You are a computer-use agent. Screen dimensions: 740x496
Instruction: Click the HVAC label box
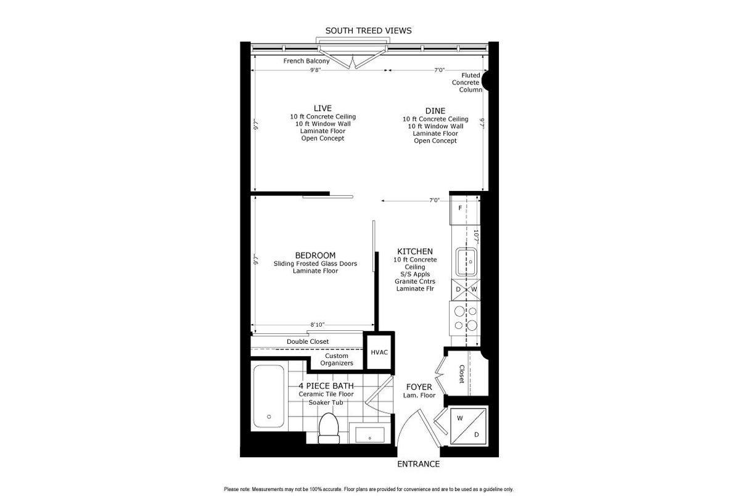point(379,352)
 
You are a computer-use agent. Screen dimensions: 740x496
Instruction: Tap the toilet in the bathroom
point(329,428)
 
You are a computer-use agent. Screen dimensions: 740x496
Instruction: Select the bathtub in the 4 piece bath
point(269,396)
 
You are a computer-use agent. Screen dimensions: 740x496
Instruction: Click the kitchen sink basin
point(466,262)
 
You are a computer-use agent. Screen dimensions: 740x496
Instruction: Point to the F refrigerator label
point(460,208)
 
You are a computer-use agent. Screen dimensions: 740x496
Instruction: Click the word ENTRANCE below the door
point(418,464)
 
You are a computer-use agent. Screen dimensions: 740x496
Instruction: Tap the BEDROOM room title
point(315,256)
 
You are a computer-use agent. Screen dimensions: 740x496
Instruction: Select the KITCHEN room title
point(414,251)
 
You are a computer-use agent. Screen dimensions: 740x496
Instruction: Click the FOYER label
point(419,387)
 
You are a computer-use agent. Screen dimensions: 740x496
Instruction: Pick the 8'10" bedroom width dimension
point(317,325)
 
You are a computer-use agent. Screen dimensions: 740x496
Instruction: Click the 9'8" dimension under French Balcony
point(315,70)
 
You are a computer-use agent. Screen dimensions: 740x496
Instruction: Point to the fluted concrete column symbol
point(485,80)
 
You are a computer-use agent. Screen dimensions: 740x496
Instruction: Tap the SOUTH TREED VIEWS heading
point(368,31)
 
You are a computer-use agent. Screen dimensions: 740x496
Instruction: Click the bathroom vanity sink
point(369,434)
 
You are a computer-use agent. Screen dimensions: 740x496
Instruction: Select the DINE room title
point(435,111)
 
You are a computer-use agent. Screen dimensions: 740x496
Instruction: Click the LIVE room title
point(323,108)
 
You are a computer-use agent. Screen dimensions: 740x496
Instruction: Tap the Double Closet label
point(308,341)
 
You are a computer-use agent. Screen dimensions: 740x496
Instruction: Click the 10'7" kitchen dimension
point(476,237)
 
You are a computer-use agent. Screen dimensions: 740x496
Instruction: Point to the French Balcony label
point(306,61)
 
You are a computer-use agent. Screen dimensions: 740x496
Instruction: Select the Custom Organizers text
point(337,359)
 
